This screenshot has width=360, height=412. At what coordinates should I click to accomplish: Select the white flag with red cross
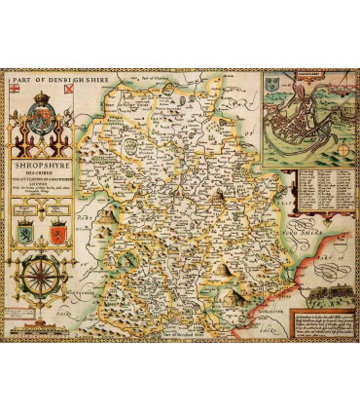pos(15,91)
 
